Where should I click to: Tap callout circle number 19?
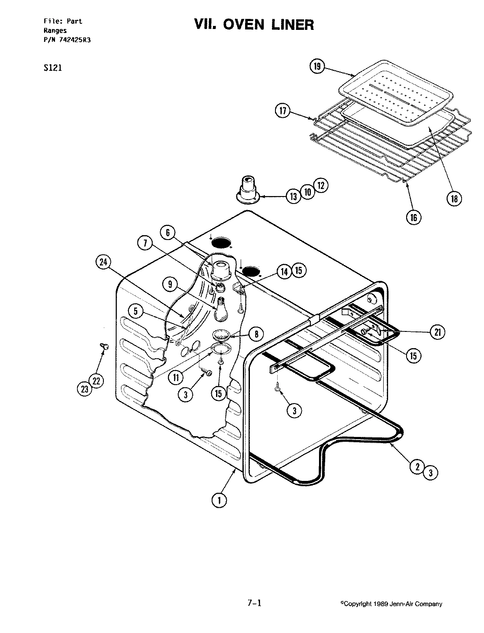pyautogui.click(x=317, y=67)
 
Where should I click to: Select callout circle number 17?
pyautogui.click(x=283, y=111)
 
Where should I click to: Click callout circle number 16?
pyautogui.click(x=414, y=217)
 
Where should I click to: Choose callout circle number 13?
pyautogui.click(x=294, y=196)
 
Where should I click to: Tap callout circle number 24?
pyautogui.click(x=103, y=262)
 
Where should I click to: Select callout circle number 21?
pyautogui.click(x=437, y=332)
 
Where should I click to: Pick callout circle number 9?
pyautogui.click(x=170, y=284)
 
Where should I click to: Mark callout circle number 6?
pyautogui.click(x=168, y=233)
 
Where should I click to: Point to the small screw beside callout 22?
pyautogui.click(x=105, y=347)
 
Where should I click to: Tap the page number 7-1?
pyautogui.click(x=254, y=603)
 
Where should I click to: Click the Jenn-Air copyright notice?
pyautogui.click(x=391, y=604)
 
